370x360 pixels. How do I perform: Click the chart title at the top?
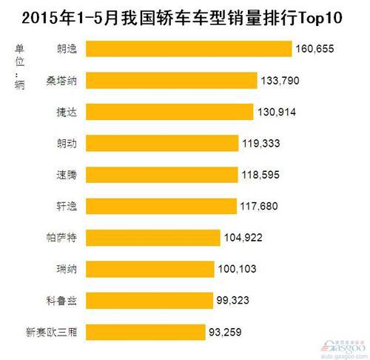tap(185, 16)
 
